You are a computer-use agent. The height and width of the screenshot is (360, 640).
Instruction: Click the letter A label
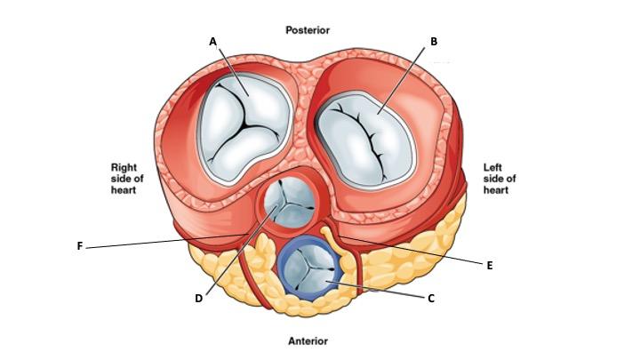point(212,41)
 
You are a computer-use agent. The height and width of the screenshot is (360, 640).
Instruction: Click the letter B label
point(433,41)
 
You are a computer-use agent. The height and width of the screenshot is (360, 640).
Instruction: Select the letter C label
point(431,299)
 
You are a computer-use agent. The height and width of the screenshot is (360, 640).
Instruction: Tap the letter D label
point(198,299)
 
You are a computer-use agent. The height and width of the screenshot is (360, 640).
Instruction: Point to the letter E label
point(490,265)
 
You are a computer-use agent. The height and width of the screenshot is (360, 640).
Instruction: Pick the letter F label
point(80,246)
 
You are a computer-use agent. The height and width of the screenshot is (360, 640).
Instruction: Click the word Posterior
point(308,30)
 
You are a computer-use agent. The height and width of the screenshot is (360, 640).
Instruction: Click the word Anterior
point(308,340)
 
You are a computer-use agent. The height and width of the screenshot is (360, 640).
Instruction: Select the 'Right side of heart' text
point(126,179)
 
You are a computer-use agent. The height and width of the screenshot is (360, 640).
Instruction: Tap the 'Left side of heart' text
point(500,179)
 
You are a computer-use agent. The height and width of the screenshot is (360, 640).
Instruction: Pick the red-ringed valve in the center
point(291,204)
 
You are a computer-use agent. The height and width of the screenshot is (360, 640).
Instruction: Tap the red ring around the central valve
point(264,206)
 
